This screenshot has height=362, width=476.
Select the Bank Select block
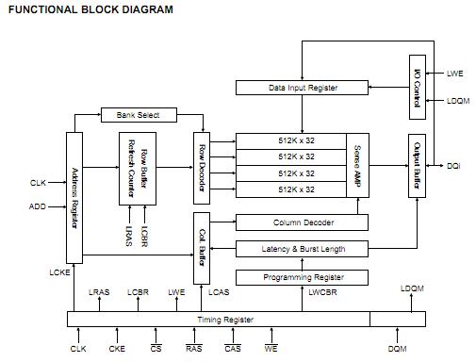139,115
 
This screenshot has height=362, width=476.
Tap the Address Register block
74,197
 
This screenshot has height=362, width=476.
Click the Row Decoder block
201,169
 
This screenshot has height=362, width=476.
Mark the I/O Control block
418,87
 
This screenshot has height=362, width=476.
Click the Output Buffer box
417,165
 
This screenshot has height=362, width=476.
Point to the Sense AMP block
357,165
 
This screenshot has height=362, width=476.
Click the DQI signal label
453,166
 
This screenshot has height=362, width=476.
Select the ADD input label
37,206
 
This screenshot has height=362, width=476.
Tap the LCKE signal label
60,272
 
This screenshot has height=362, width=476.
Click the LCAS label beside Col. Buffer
219,292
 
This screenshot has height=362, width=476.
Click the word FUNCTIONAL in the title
41,9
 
